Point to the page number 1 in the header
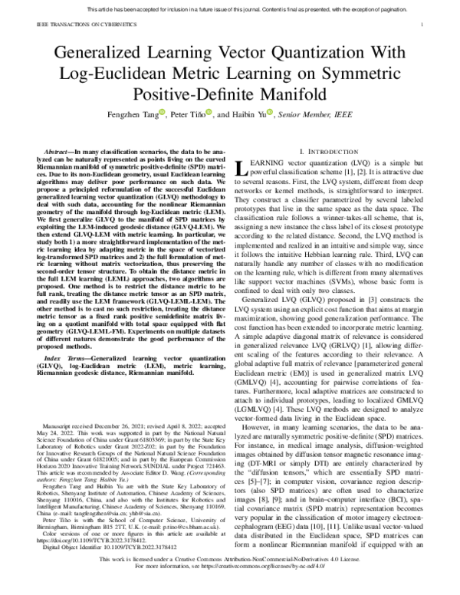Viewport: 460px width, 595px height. pos(422,24)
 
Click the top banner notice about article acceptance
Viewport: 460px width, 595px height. pos(230,7)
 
